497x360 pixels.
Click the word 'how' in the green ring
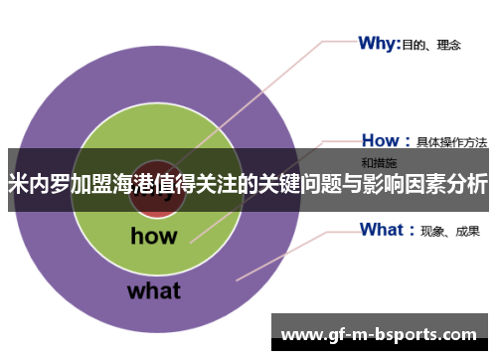(153, 236)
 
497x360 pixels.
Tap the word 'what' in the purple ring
(153, 291)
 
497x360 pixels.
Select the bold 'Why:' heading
(379, 43)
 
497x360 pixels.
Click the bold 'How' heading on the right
(379, 140)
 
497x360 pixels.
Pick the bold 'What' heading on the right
(382, 230)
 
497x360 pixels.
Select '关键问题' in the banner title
(299, 184)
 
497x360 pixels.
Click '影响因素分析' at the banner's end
(427, 184)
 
